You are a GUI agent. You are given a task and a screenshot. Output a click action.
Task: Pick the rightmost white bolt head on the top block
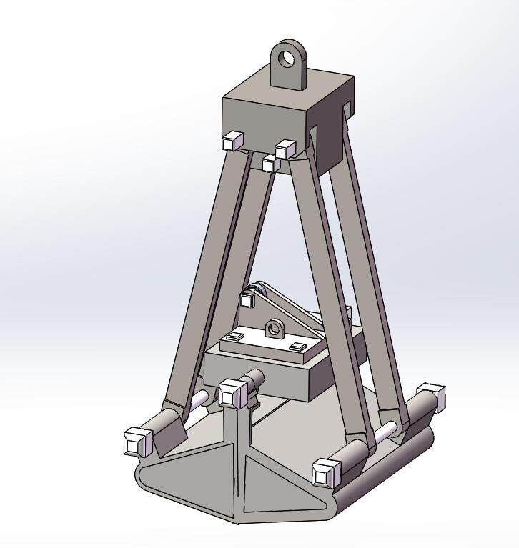tap(285, 149)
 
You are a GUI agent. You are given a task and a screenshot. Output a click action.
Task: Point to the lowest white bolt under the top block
tap(269, 164)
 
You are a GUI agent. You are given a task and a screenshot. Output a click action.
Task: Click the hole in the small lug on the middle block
tap(273, 329)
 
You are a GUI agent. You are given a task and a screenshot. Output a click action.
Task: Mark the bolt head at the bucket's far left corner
tap(136, 441)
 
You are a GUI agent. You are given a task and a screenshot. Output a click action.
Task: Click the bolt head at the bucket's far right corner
tap(431, 393)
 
